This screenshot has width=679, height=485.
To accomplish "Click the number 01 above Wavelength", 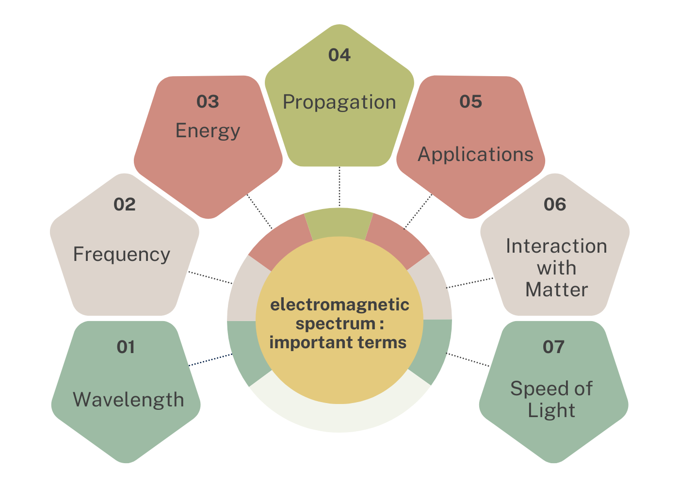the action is (126, 347).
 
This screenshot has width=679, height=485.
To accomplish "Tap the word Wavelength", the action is (129, 400).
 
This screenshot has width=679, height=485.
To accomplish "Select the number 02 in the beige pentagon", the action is (124, 204).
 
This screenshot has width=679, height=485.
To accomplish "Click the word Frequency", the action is (122, 255).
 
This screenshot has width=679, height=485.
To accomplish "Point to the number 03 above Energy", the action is (208, 101).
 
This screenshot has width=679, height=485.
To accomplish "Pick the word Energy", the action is (208, 131).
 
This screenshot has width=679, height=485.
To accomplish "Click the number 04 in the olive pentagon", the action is (339, 55).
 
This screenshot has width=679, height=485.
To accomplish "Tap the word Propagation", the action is (339, 103).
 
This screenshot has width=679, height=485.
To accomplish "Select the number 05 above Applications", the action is (471, 101).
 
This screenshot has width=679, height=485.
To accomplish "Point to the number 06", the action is (555, 204).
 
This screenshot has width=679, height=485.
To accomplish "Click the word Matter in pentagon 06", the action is (557, 290).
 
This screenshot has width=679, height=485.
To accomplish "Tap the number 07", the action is (553, 347).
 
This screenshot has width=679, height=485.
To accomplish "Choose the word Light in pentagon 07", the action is (551, 411).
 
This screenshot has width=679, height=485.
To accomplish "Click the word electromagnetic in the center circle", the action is (339, 305).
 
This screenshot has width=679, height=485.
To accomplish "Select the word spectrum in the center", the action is (335, 324).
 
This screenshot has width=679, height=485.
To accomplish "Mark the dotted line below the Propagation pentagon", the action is (339, 186).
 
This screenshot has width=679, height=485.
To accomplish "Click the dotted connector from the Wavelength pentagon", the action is (210, 360).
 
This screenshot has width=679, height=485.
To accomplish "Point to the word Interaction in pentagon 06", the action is (557, 246).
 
